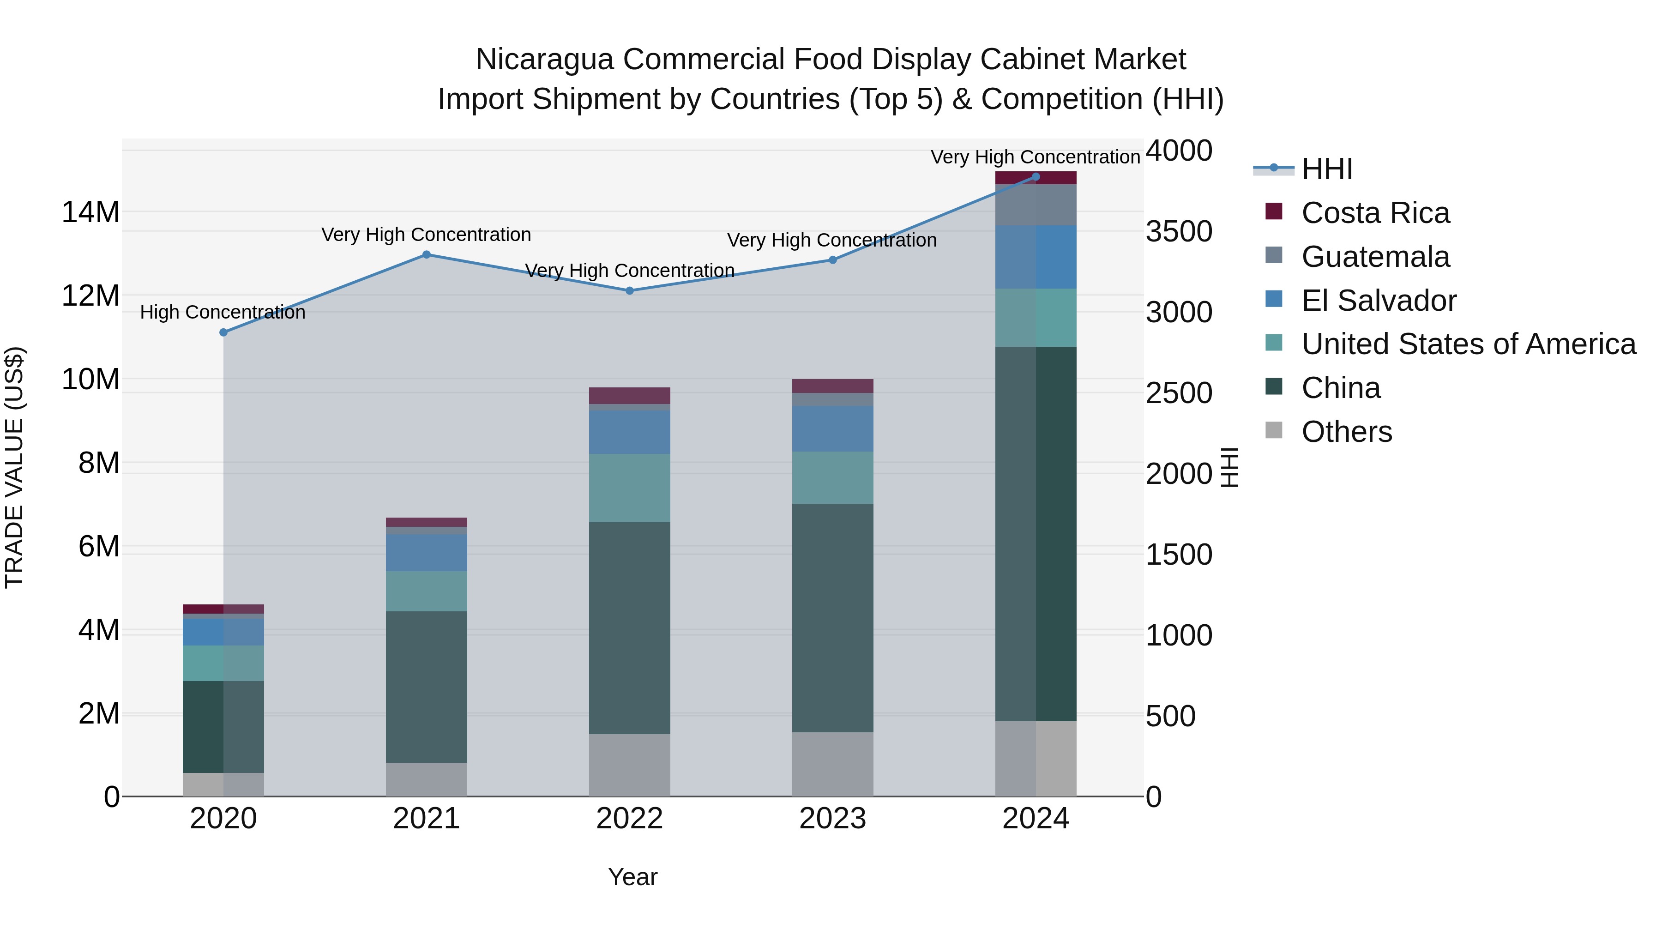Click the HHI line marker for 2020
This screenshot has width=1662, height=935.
(x=223, y=332)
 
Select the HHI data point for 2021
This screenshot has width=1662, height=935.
(x=427, y=254)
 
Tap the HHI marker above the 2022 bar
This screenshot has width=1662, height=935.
(x=630, y=290)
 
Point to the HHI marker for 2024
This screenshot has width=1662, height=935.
(x=1036, y=177)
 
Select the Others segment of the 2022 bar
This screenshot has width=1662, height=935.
(x=630, y=765)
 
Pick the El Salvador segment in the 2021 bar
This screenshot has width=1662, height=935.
(x=427, y=552)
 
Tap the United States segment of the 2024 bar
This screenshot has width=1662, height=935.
(x=1036, y=318)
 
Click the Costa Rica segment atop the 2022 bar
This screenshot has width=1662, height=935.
(x=630, y=396)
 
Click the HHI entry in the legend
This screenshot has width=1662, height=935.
(x=1326, y=169)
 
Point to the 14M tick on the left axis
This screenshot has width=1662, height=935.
(x=90, y=212)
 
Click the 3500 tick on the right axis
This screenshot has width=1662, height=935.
(x=1179, y=232)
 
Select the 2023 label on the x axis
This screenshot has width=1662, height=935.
(x=832, y=819)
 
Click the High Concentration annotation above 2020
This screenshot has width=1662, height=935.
(x=223, y=312)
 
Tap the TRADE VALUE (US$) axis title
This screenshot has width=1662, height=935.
(x=14, y=467)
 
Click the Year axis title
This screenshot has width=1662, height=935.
(x=632, y=877)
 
